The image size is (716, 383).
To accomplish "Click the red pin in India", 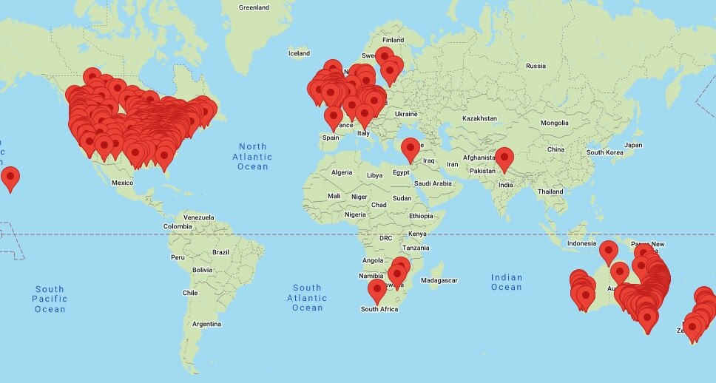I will coord(504,158).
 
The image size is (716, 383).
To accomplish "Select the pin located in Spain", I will coord(334,117).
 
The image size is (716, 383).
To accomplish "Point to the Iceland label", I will coord(299,53).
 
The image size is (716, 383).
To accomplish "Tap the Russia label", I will coord(536,66).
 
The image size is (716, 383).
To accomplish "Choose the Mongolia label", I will coord(555,123).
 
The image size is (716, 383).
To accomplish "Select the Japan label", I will coord(633,145).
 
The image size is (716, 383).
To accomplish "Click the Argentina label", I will coord(206,324).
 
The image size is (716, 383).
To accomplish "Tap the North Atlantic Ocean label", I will coord(252,157).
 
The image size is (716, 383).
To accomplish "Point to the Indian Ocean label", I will coord(507,282).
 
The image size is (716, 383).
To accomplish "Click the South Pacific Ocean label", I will coord(50,299).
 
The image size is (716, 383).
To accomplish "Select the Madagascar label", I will coord(439,280).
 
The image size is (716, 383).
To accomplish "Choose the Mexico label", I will coord(122,183).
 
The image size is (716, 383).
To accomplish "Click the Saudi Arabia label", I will coord(432,183).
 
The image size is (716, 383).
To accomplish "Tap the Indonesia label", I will coord(581,243).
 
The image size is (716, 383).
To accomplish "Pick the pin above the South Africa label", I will coord(377,291).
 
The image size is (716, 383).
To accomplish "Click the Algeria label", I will coord(342,172).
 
